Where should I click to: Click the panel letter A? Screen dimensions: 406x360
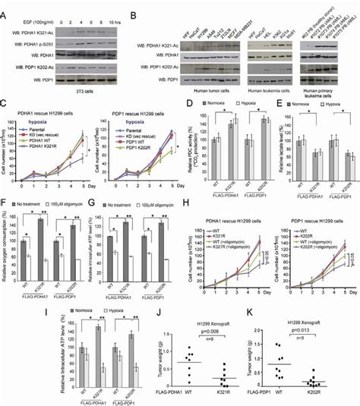point(5,6)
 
